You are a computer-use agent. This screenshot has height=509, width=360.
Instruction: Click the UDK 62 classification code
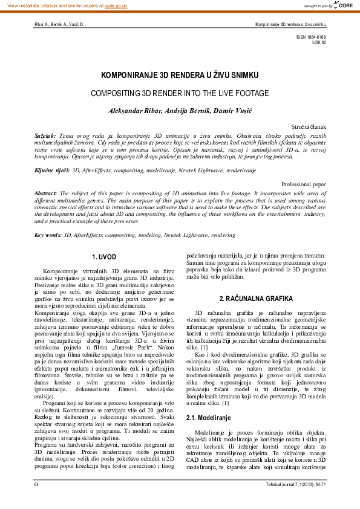[x=318, y=43]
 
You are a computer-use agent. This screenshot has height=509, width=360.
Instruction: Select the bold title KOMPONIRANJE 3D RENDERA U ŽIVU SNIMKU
[x=180, y=76]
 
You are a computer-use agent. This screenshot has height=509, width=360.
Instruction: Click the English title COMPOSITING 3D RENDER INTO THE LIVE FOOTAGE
[x=180, y=94]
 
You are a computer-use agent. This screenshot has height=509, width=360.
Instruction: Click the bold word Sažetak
[x=45, y=136]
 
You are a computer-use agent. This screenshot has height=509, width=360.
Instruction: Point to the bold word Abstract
[x=46, y=192]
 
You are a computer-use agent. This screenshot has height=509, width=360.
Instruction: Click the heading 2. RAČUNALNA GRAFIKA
[x=256, y=299]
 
